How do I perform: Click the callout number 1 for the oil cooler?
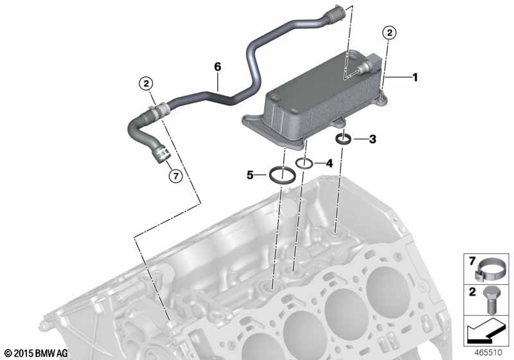[x=415, y=78]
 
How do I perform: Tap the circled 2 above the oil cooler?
[x=389, y=33]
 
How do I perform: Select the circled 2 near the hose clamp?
[x=146, y=84]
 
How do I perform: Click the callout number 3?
[x=373, y=139]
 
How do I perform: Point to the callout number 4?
[x=329, y=163]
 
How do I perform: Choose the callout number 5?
[x=250, y=175]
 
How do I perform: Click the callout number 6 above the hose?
[x=218, y=67]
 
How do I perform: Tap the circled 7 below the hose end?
[x=175, y=176]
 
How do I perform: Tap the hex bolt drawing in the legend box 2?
[x=491, y=300]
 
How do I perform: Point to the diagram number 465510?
[x=488, y=352]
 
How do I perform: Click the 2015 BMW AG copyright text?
[x=37, y=353]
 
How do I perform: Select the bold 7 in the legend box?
[x=472, y=261]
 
